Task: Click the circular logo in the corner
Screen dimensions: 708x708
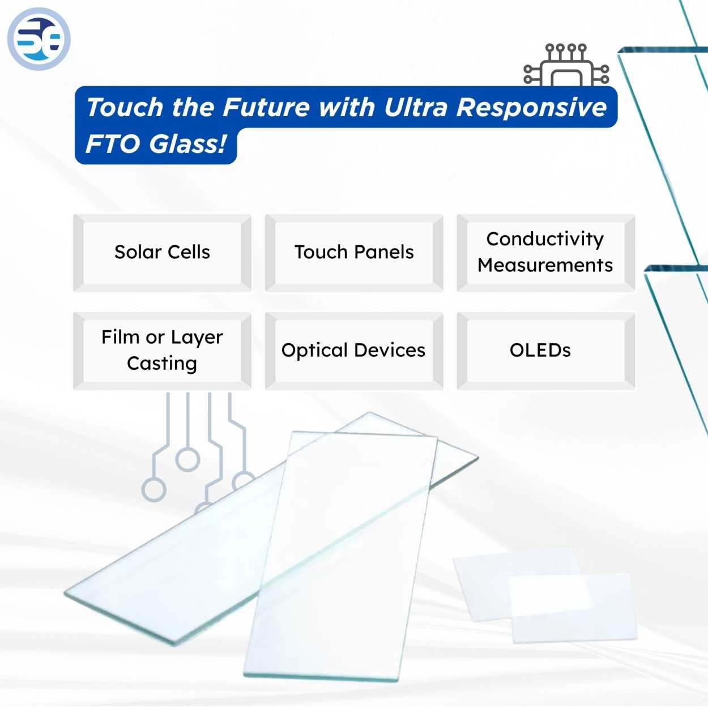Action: [39, 39]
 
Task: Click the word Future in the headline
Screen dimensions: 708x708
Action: [267, 108]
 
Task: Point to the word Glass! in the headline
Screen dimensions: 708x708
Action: [188, 144]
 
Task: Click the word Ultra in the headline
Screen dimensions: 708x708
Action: [416, 108]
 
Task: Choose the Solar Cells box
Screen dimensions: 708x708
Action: [162, 253]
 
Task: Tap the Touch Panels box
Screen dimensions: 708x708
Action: [354, 253]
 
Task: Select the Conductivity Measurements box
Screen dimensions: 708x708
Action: [545, 253]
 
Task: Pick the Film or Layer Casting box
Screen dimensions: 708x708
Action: [162, 351]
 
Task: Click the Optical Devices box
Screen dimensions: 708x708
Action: [354, 351]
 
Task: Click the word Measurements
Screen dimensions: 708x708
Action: [545, 266]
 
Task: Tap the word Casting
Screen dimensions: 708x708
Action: [162, 364]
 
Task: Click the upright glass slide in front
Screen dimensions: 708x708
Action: [340, 566]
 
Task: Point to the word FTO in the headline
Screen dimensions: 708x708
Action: [112, 144]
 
